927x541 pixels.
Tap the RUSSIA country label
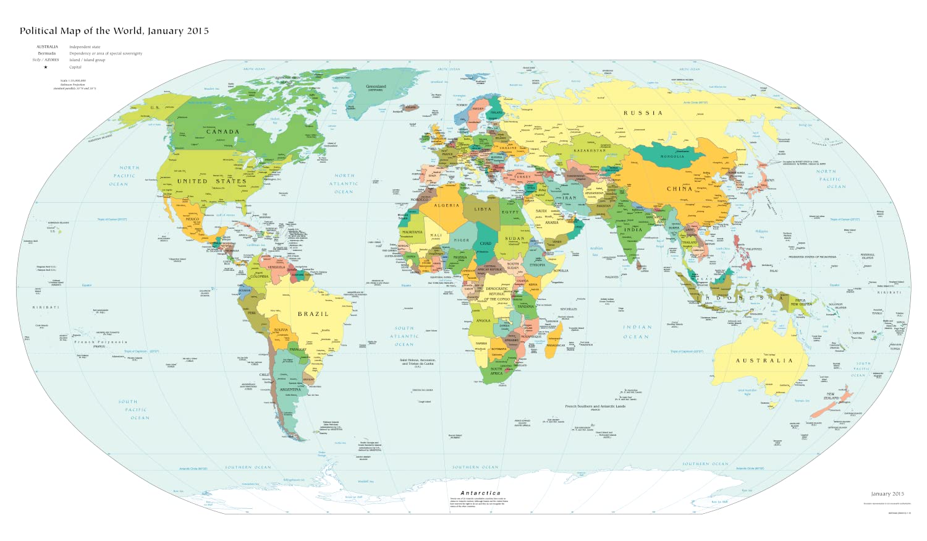pos(643,113)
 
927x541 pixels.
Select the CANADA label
pos(222,132)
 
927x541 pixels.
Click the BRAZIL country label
pos(313,314)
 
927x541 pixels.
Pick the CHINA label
pos(679,189)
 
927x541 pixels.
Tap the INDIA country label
pos(633,229)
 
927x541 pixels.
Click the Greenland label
pos(376,87)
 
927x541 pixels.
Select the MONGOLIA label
pos(672,156)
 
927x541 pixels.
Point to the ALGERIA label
pos(447,205)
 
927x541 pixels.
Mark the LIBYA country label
pos(483,209)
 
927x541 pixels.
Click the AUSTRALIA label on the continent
pos(764,360)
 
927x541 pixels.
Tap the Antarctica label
pos(480,493)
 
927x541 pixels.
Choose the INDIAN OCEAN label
pos(637,332)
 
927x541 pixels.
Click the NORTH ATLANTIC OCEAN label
pos(344,184)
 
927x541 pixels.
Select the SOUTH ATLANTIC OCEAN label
pos(404,336)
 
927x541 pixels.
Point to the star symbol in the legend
pos(46,67)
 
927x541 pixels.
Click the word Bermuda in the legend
pos(47,53)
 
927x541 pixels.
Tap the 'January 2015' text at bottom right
pos(887,493)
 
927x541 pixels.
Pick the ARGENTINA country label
pos(290,390)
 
